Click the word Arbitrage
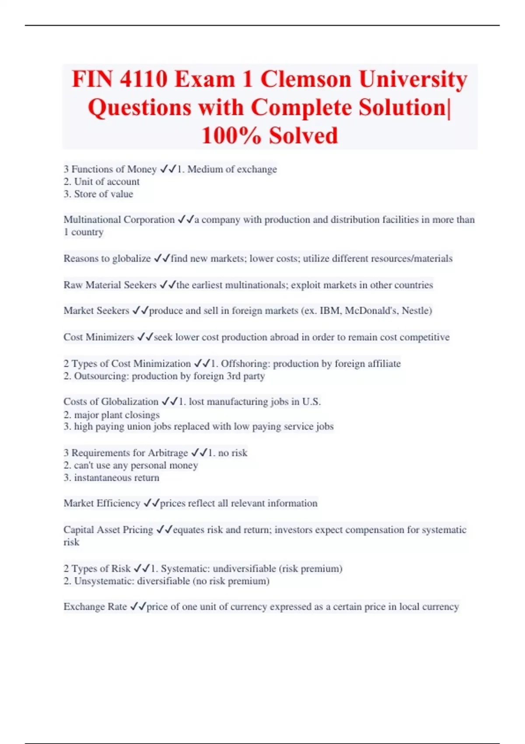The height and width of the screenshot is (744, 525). pos(168,453)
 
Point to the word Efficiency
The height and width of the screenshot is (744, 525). pos(118,503)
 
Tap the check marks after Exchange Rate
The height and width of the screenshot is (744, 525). pos(138,607)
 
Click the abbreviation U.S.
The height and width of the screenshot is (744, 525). pos(311,402)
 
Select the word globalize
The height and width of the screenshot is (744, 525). pos(131,259)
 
